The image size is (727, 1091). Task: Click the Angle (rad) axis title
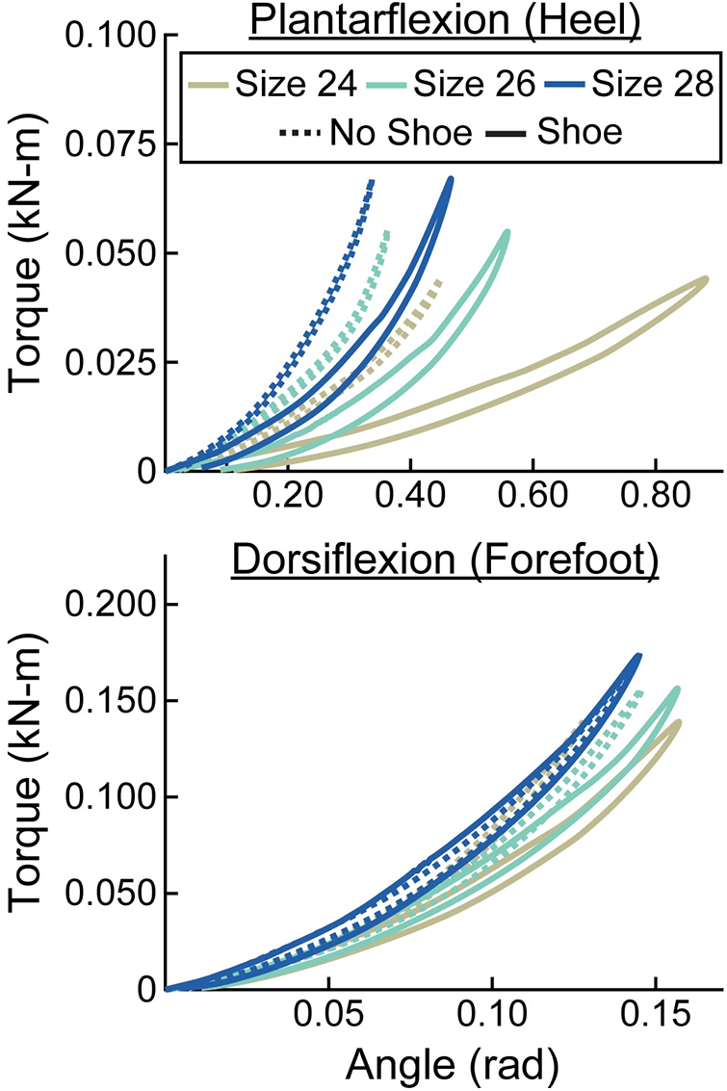(444, 1064)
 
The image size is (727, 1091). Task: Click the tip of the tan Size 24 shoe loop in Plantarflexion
(706, 279)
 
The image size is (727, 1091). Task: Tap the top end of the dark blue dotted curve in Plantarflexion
(372, 181)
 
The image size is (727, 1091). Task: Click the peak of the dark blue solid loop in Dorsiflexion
(637, 657)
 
